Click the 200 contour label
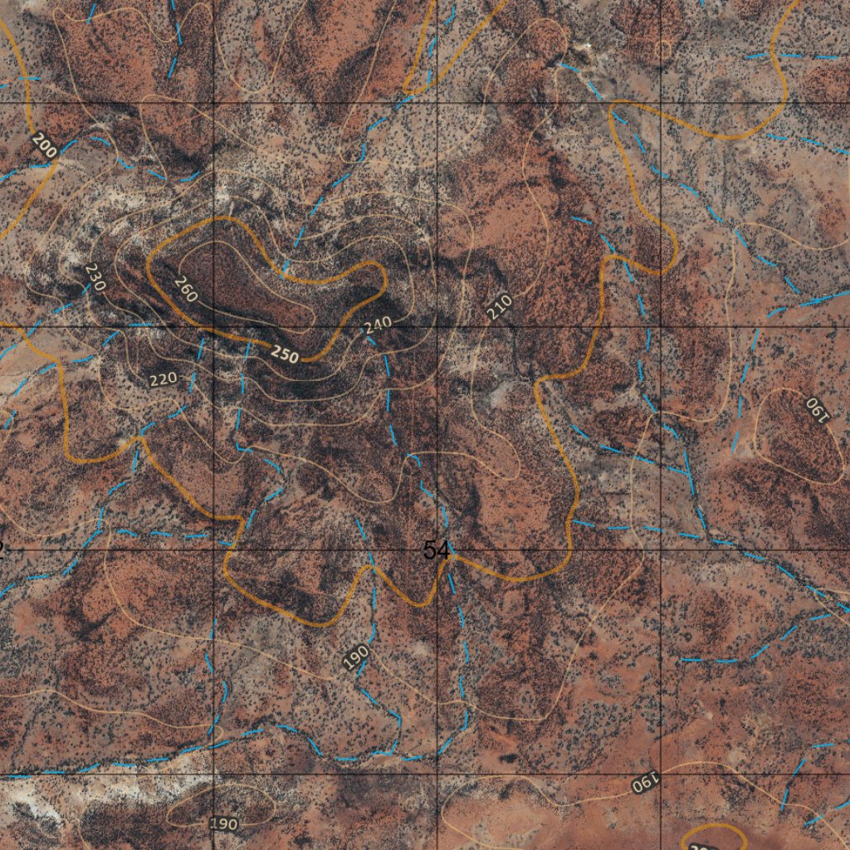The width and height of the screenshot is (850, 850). click(45, 145)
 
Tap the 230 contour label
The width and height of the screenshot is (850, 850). click(95, 276)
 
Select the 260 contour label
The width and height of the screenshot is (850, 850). click(186, 288)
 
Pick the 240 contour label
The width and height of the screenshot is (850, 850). click(378, 326)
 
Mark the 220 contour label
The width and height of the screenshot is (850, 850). click(163, 379)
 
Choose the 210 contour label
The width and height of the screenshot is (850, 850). click(499, 307)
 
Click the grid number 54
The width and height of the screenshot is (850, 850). click(436, 550)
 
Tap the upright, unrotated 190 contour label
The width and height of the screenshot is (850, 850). click(223, 823)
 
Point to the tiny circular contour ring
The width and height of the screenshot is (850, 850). click(662, 51)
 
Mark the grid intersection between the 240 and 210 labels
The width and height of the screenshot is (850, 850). click(438, 326)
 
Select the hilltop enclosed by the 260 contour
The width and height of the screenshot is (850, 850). click(241, 282)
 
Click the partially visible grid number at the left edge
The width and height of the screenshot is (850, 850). click(2, 547)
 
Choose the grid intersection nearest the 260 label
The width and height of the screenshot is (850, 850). click(215, 326)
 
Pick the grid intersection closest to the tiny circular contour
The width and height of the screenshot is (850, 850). click(661, 103)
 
